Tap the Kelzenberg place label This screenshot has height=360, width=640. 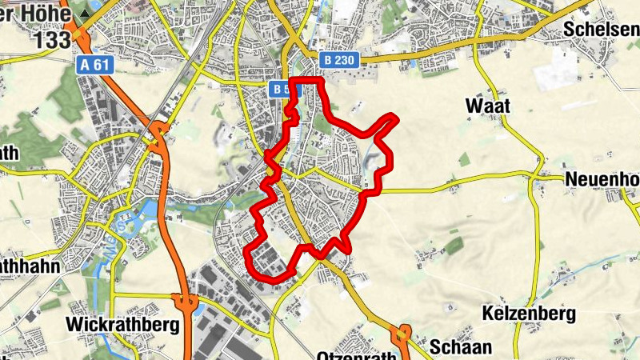[530, 313]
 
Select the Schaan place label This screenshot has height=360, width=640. [457, 346]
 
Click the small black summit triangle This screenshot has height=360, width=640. [83, 14]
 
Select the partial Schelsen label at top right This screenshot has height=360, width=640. [600, 29]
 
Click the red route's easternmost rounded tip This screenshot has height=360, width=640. [394, 119]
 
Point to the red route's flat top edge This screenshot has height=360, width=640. [306, 81]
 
